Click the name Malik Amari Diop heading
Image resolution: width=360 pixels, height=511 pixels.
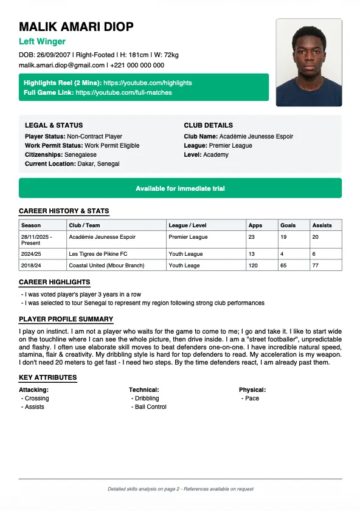click(76, 27)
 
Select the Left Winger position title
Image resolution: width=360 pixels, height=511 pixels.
click(42, 41)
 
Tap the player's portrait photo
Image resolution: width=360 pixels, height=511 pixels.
click(309, 63)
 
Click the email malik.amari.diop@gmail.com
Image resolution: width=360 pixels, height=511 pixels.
click(62, 65)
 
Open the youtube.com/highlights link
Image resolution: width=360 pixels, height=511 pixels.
click(148, 83)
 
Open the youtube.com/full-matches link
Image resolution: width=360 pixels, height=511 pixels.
click(124, 93)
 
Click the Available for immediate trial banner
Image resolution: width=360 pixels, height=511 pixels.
click(180, 188)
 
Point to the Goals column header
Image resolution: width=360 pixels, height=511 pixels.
click(288, 225)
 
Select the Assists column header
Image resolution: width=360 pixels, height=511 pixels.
click(322, 225)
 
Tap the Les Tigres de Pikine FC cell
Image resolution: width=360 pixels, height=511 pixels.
click(98, 253)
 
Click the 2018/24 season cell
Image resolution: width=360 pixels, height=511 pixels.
click(31, 265)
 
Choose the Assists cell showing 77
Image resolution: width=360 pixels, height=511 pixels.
click(316, 265)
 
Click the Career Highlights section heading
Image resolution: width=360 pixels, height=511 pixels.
click(55, 282)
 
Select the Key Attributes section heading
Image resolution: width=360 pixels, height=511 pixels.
click(48, 377)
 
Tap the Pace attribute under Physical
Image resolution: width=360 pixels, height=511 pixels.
click(252, 399)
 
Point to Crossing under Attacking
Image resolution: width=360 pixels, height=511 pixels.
click(36, 399)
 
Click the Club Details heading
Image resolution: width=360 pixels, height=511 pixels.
click(208, 125)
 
